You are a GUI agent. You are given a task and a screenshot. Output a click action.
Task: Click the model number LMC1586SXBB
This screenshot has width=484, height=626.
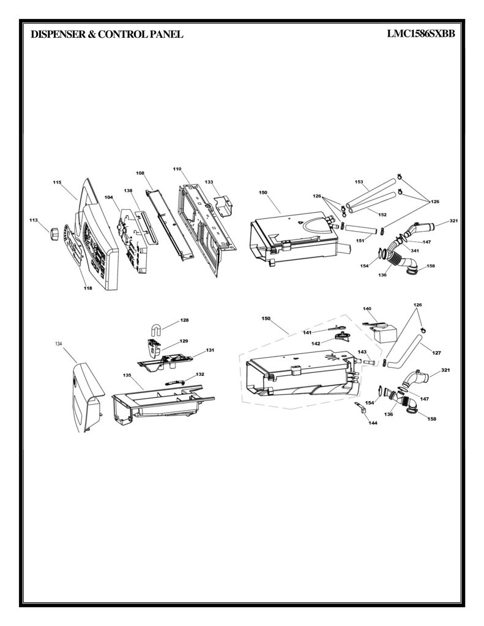421,34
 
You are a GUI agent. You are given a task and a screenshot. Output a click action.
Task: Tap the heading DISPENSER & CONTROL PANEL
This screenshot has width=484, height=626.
106,34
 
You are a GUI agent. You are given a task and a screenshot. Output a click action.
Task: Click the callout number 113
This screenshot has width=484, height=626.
34,220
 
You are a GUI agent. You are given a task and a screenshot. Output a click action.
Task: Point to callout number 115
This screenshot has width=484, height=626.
57,182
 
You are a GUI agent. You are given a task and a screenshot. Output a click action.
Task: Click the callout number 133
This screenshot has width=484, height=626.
209,182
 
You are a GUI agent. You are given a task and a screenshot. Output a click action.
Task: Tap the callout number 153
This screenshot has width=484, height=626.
359,182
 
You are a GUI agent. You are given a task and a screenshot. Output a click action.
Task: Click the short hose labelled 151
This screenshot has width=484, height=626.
361,230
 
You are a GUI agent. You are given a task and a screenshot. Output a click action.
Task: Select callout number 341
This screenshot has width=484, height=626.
415,251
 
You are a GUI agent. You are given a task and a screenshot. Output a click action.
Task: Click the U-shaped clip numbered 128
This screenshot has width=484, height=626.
155,330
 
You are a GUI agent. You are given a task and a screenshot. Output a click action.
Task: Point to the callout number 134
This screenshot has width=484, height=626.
59,344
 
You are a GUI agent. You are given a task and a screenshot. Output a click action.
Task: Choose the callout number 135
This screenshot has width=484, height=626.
127,375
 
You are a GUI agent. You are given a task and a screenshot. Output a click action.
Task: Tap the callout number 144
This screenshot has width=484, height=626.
373,423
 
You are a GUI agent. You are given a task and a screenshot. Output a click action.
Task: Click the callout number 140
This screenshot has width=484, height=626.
367,309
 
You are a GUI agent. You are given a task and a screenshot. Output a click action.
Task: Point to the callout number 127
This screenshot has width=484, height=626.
436,353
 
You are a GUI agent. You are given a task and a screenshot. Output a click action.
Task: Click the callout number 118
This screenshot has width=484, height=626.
87,289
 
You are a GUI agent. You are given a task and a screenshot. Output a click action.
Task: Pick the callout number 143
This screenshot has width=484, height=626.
362,352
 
